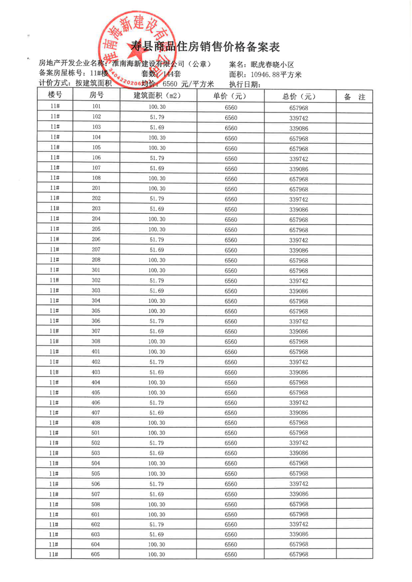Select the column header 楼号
click(x=55, y=96)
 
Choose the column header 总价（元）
click(x=299, y=96)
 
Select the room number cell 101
click(x=96, y=107)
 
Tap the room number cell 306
click(x=96, y=321)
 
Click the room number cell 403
click(x=96, y=372)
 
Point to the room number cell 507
click(x=96, y=494)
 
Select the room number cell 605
click(x=96, y=555)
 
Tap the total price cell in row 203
click(x=299, y=209)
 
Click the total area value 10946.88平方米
click(x=276, y=74)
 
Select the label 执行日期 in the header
click(x=245, y=84)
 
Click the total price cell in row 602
click(x=299, y=524)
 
